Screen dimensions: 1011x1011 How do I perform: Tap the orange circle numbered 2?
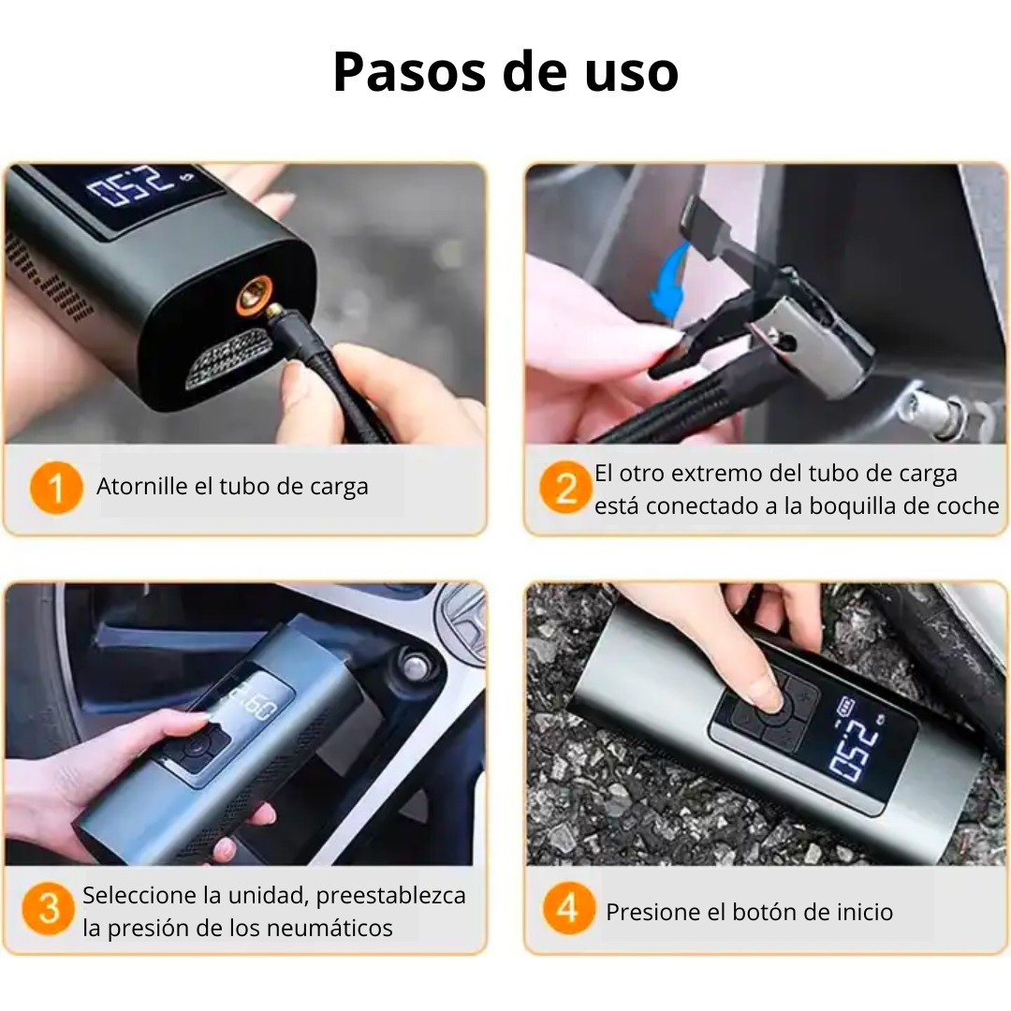[x=565, y=489]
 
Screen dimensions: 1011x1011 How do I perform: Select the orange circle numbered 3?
[x=48, y=909]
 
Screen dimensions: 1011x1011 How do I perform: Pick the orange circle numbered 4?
[x=568, y=909]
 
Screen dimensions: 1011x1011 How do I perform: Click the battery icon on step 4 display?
[x=846, y=703]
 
